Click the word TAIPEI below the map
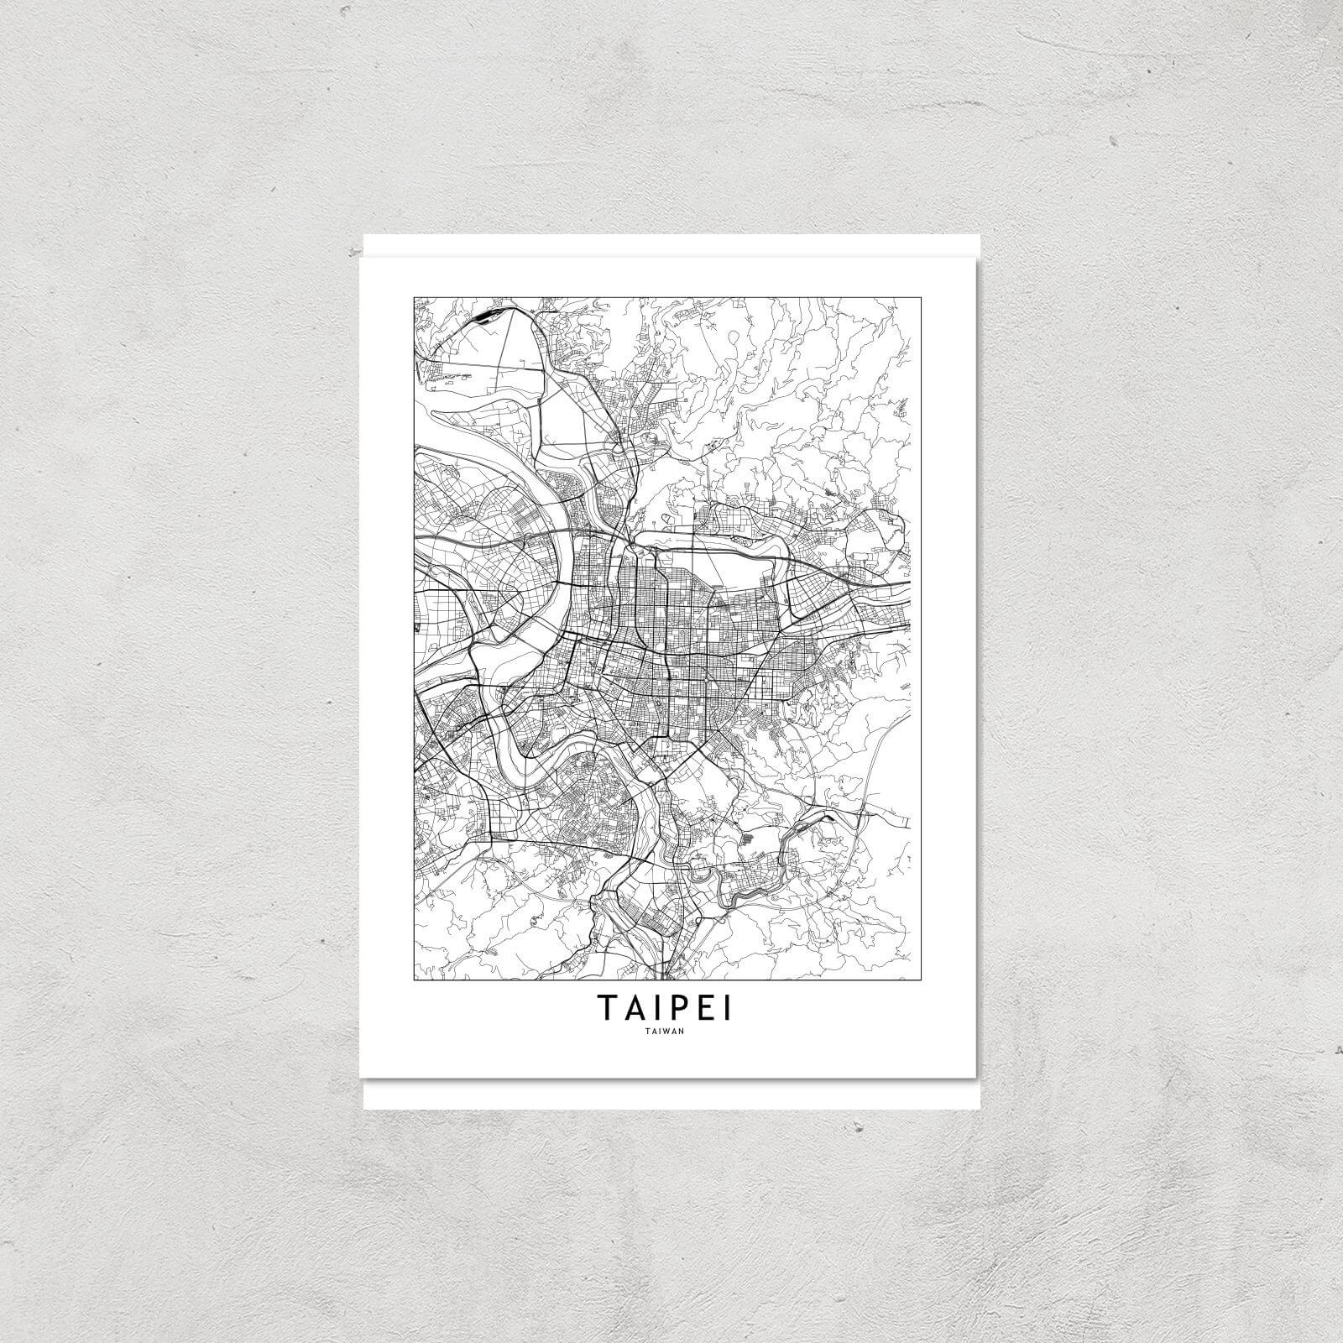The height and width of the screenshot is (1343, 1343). click(x=663, y=1008)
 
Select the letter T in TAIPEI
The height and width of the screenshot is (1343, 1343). click(x=608, y=1008)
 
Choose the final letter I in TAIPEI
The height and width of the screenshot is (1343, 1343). click(x=727, y=1008)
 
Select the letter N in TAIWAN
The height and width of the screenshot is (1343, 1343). click(x=682, y=1032)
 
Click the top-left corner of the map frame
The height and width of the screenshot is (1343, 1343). click(x=412, y=295)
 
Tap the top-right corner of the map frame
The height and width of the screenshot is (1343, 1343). click(x=912, y=295)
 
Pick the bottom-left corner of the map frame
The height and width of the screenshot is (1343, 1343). click(x=412, y=980)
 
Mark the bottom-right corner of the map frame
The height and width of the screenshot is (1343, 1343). click(x=912, y=980)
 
